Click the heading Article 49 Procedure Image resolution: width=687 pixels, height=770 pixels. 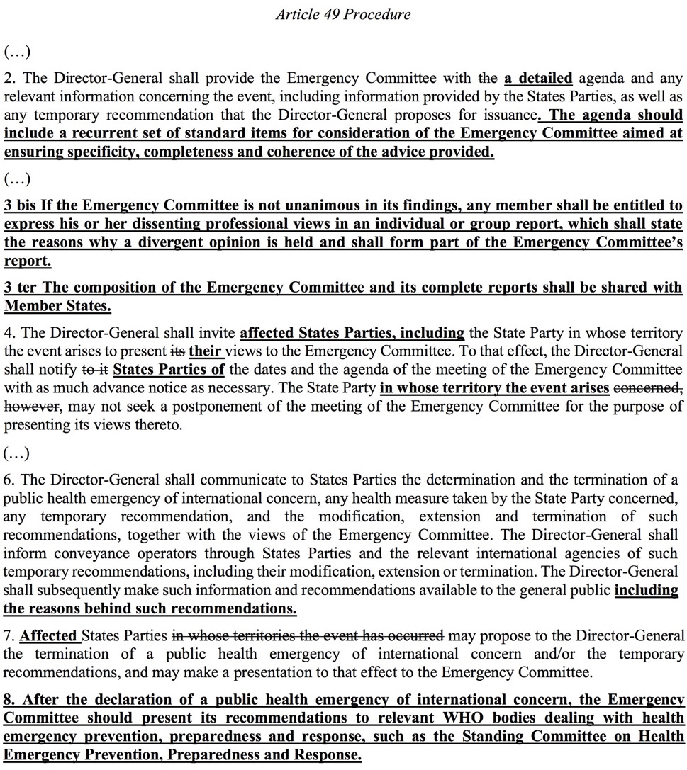(x=343, y=14)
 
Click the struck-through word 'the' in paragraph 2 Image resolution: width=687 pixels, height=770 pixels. (x=489, y=79)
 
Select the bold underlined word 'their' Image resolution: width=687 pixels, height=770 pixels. (x=206, y=351)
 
